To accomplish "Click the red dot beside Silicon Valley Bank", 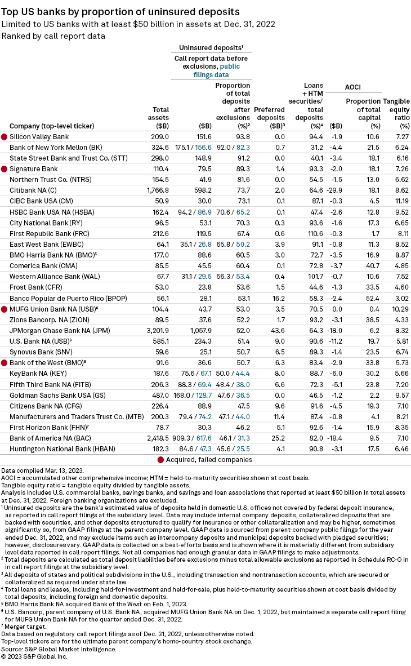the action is click(x=5, y=137).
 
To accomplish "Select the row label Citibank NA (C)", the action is click(x=33, y=190).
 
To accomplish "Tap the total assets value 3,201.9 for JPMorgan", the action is click(x=158, y=330).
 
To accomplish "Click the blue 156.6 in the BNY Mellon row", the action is click(x=203, y=148).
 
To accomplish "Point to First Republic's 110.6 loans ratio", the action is click(x=315, y=234).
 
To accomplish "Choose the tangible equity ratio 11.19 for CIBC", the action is click(x=401, y=201).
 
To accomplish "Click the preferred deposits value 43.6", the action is click(x=278, y=330).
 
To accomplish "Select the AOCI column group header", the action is click(x=353, y=87).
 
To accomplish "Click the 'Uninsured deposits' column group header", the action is click(x=211, y=47).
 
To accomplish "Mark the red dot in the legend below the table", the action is click(x=160, y=460).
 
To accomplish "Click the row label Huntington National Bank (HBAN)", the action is click(x=62, y=449).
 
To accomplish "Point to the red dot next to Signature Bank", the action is click(x=5, y=169).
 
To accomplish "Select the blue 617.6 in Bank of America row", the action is click(x=204, y=438).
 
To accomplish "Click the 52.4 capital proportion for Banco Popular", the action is click(x=373, y=299).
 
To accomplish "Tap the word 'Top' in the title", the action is click(x=10, y=12).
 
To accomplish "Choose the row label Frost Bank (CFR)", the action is click(x=36, y=287).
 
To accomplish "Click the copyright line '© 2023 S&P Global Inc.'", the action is click(x=34, y=656).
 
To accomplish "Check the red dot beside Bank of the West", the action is click(x=5, y=363).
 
